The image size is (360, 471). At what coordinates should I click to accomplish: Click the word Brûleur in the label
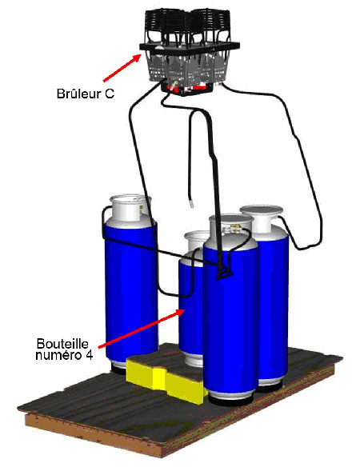pos(79,94)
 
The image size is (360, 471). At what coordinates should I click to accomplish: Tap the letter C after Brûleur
pos(110,94)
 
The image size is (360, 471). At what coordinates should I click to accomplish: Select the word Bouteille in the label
pos(62,344)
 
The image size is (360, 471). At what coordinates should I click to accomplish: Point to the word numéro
pos(58,355)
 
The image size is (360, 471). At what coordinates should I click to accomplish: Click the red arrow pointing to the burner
pos(122,68)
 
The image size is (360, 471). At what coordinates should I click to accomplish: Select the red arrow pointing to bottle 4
pos(142,329)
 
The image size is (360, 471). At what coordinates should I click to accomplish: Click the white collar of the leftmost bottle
pos(130,208)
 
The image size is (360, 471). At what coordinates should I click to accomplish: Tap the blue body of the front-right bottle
pos(230,318)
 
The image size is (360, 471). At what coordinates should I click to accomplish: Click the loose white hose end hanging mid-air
pos(192,205)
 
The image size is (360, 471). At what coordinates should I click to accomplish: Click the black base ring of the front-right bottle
pos(230,400)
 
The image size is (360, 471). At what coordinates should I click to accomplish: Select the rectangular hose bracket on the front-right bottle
pos(225,272)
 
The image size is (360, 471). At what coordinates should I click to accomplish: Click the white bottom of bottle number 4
pos(194,360)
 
